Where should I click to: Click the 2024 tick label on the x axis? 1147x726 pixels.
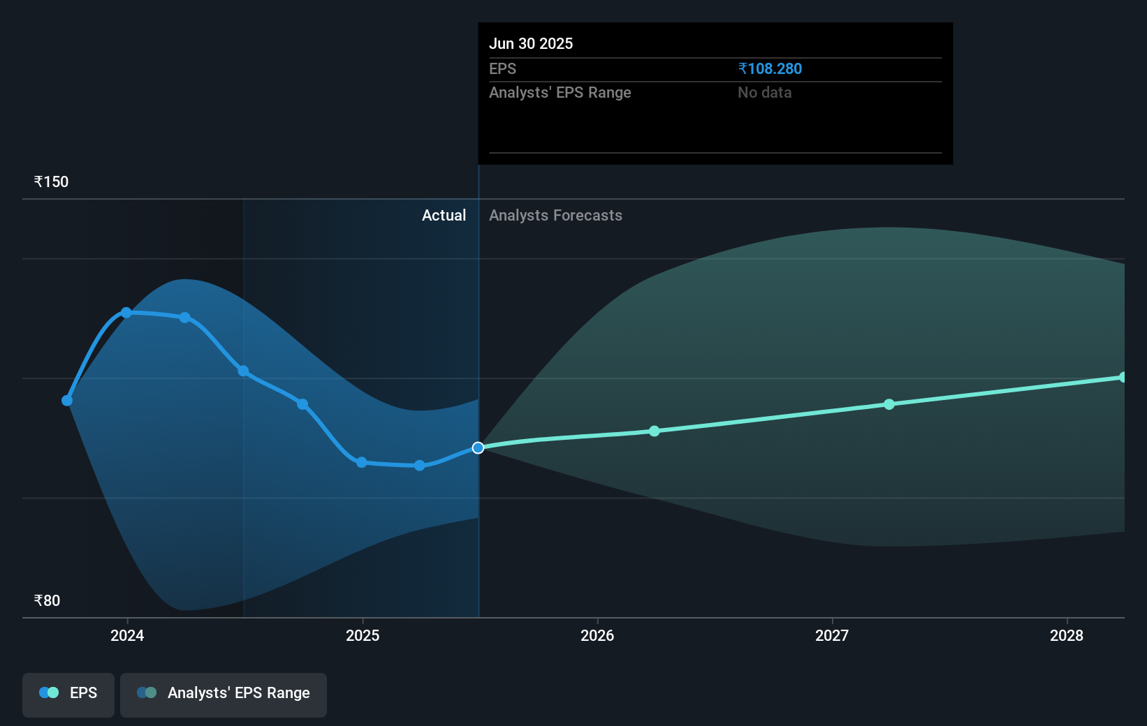[127, 635]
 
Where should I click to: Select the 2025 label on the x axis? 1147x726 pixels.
[363, 635]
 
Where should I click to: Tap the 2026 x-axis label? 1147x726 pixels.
[597, 635]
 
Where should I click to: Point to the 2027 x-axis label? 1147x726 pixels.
[832, 635]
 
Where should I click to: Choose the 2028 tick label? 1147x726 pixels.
[1067, 635]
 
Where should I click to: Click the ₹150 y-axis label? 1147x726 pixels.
[52, 182]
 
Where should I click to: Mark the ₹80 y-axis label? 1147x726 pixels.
[48, 601]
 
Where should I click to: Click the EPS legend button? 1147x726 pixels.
[68, 693]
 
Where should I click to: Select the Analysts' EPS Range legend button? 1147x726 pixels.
[224, 693]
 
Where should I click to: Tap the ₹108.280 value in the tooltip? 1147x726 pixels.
[770, 69]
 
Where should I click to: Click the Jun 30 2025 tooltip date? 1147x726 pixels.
[531, 44]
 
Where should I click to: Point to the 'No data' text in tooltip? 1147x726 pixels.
[765, 93]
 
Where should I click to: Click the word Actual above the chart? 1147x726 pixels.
[444, 216]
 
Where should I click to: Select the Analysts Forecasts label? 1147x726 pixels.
[555, 216]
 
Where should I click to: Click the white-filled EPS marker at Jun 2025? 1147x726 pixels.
[478, 447]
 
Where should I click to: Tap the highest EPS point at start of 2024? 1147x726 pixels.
[126, 313]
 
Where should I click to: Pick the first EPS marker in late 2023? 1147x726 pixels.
[67, 401]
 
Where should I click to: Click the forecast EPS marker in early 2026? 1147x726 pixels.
[655, 431]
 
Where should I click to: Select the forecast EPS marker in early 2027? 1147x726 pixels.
[889, 404]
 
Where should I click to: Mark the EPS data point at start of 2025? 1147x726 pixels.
[362, 462]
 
